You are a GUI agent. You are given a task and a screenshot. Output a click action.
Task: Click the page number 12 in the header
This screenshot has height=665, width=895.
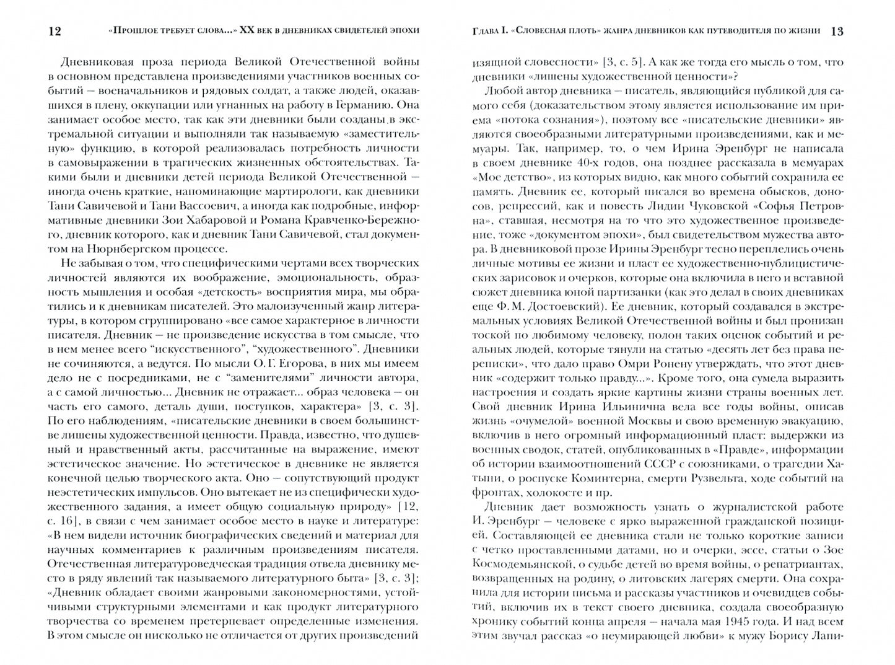coord(55,31)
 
